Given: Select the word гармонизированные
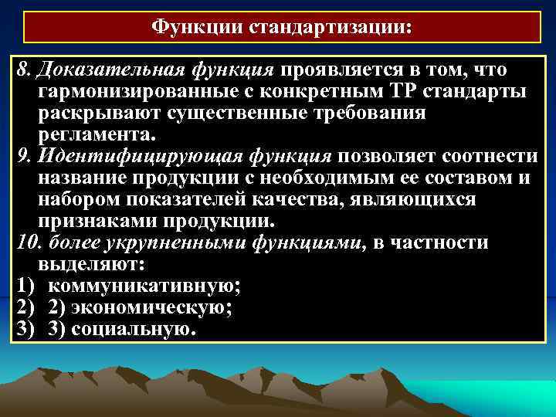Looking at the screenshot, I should point(117,93).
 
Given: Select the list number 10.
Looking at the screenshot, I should point(25,243).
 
